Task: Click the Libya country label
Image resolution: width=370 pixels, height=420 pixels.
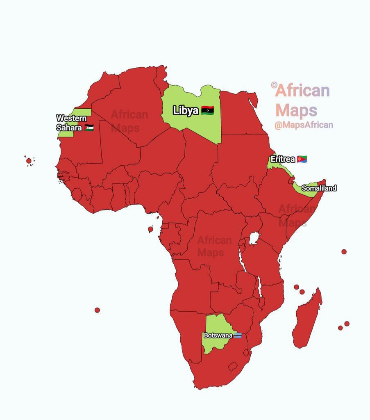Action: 186,110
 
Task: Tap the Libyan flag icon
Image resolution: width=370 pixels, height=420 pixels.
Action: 208,110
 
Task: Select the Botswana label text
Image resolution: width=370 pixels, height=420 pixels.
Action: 218,335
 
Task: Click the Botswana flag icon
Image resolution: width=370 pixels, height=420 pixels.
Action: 238,335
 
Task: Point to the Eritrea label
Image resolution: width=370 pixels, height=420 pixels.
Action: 283,159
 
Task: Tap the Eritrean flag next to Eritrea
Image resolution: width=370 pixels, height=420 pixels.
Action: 302,159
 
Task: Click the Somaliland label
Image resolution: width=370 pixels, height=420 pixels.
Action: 319,188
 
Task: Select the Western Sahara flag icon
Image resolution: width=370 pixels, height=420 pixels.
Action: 89,128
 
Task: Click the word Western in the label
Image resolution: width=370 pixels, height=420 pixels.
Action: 71,119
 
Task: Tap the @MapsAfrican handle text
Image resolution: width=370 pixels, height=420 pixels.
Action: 304,125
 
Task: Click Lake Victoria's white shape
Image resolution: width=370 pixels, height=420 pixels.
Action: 255,238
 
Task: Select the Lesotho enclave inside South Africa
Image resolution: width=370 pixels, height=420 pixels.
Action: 233,366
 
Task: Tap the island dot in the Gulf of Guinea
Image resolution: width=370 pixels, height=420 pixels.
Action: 150,229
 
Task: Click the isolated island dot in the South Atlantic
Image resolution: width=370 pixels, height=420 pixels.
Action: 97,310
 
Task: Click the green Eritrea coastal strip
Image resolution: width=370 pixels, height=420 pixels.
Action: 274,165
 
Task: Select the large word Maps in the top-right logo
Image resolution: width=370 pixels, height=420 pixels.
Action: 296,110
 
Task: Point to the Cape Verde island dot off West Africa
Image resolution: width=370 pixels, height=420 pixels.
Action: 29,161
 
